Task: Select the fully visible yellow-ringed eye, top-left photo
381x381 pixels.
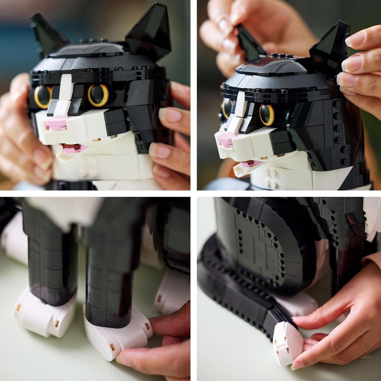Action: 98,95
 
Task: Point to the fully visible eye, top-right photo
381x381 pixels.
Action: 267,114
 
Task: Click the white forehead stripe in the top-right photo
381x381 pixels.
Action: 240,105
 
